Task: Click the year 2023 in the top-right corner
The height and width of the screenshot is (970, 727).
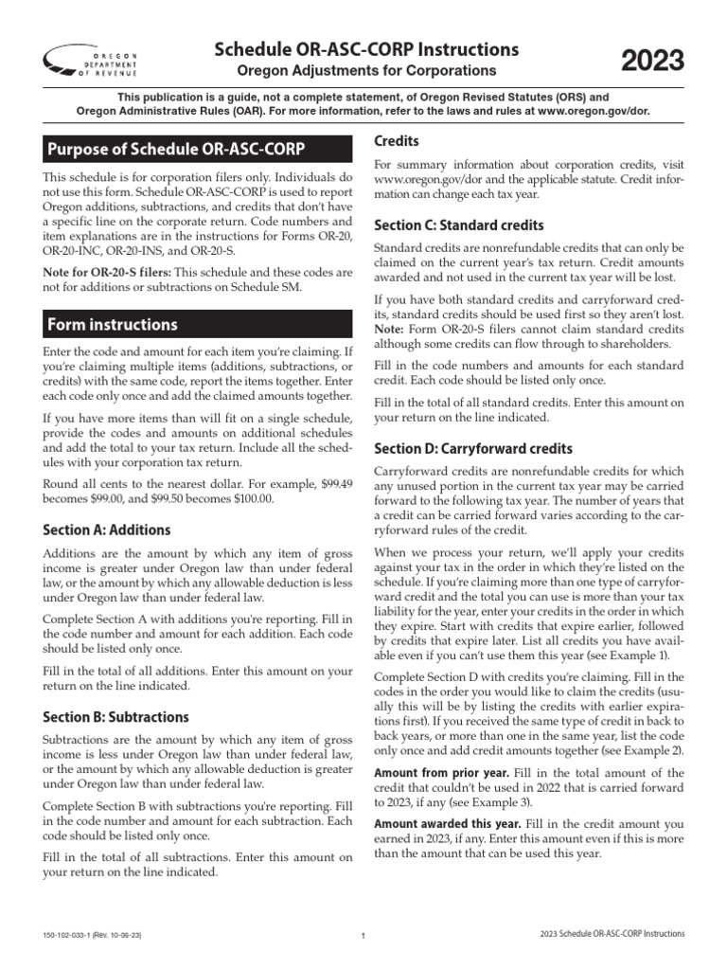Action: point(652,62)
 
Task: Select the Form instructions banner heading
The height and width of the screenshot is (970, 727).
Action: point(113,324)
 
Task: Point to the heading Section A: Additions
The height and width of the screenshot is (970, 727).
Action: point(107,530)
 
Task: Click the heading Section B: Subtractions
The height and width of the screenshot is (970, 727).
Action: point(116,716)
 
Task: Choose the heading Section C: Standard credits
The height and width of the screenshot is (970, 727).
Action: point(458,225)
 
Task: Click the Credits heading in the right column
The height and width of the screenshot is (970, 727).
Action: point(397,141)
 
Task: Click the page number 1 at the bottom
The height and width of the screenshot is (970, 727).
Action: point(363,936)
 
